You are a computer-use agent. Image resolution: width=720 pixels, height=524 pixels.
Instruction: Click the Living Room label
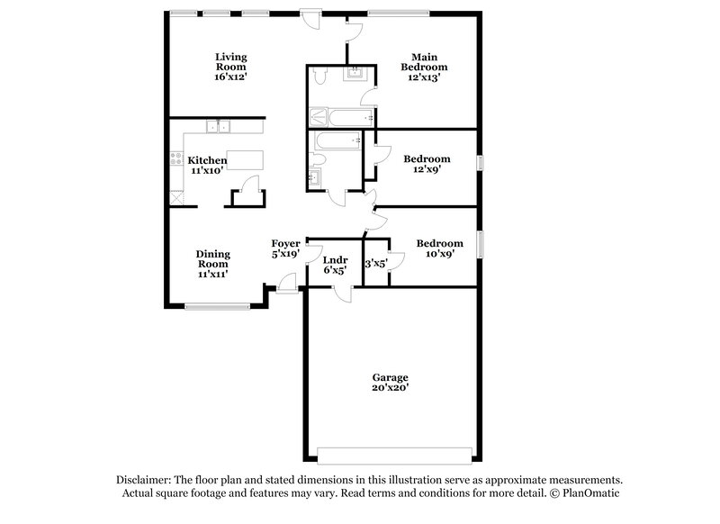coord(230,67)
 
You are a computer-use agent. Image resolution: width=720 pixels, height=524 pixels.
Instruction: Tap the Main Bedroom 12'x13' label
coord(424,67)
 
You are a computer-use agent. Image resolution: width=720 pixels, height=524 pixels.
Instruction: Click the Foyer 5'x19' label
coord(286,249)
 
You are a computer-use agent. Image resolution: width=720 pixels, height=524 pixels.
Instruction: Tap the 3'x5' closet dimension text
coord(374,264)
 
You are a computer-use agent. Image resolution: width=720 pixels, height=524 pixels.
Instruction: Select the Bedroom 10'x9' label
coord(439,249)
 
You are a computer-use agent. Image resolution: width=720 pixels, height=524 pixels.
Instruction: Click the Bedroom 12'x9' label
coord(427,165)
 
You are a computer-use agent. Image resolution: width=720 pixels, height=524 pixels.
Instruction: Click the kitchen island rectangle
coord(244,163)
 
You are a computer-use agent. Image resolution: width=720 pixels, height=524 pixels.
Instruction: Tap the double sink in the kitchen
coord(217,127)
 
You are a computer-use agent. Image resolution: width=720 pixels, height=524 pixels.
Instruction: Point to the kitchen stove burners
coord(176,161)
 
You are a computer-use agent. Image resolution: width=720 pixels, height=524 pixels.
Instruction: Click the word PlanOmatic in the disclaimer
coord(589,493)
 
